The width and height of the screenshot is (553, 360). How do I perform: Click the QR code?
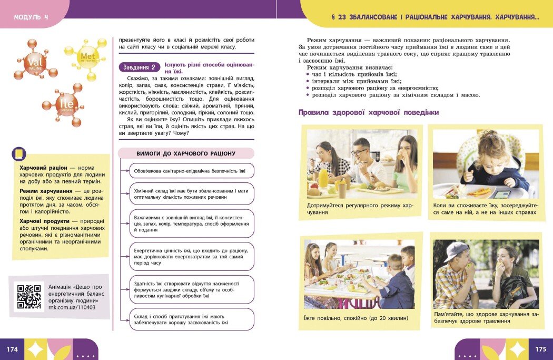tap(29, 297)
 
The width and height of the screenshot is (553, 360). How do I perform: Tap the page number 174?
tap(12, 349)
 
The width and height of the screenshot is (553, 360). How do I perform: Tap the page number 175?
tap(540, 349)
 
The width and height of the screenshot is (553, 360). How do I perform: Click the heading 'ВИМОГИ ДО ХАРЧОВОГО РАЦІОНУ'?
tap(186, 153)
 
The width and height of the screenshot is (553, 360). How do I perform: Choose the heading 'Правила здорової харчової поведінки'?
tap(369, 112)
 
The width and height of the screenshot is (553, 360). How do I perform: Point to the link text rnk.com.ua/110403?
tap(72, 307)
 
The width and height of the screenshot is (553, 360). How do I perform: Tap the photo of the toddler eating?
tap(486, 164)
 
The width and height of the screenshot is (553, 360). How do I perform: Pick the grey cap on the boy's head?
tap(455, 250)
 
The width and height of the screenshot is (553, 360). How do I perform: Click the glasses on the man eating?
tap(359, 152)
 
